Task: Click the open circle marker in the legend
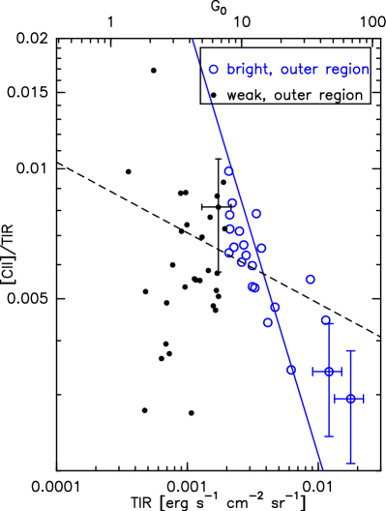click(213, 70)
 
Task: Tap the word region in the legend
click(347, 71)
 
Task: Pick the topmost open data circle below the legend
click(228, 171)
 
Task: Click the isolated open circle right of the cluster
click(310, 279)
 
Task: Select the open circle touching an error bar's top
click(326, 319)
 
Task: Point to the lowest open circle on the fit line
click(290, 370)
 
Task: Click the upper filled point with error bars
click(329, 371)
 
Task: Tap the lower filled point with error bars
click(350, 398)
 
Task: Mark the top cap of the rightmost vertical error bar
click(350, 350)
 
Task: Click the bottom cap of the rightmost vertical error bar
click(350, 463)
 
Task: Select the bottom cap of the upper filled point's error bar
click(329, 436)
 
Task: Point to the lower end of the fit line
click(322, 470)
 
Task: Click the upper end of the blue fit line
click(193, 40)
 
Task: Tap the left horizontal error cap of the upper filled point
click(312, 371)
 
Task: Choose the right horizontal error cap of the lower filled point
click(363, 398)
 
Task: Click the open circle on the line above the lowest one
click(275, 307)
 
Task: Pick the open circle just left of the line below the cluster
click(268, 322)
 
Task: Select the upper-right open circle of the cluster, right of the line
click(255, 213)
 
